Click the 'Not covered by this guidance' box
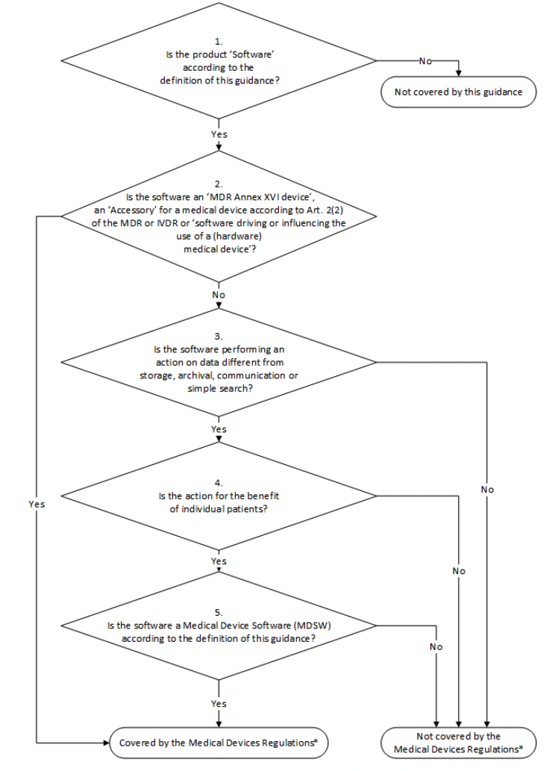[x=458, y=93]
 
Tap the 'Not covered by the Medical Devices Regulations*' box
[x=458, y=742]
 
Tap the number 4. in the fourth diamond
[x=218, y=482]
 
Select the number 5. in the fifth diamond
[x=218, y=613]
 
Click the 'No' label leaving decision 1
[x=425, y=61]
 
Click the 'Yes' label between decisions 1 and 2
[x=219, y=134]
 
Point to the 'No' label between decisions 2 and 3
[x=219, y=295]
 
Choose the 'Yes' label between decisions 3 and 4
[x=219, y=430]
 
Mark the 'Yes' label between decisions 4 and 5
[x=219, y=561]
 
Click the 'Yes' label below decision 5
[x=219, y=704]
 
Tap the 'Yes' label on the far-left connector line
[x=37, y=505]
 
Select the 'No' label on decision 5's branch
[x=436, y=647]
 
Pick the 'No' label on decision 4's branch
[x=459, y=571]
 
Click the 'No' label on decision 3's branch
[x=487, y=490]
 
